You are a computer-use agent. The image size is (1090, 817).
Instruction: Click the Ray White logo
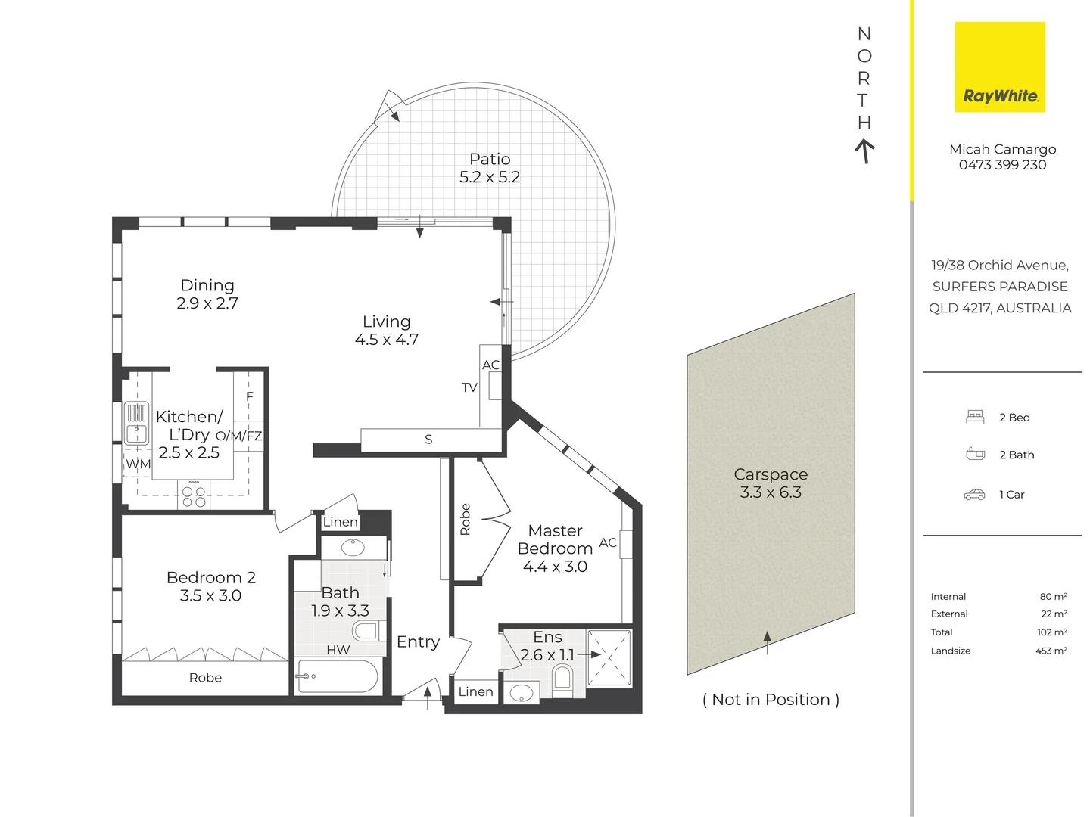[999, 67]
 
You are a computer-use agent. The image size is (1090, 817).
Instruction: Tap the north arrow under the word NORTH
[864, 151]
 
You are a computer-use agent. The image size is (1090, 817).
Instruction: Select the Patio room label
[489, 159]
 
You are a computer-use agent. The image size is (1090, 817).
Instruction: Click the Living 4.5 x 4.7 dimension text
[386, 340]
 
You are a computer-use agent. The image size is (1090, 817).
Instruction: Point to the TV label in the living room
[469, 387]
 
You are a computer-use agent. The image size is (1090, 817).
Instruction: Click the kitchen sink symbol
[136, 423]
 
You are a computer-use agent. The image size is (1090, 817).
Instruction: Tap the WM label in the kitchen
[138, 464]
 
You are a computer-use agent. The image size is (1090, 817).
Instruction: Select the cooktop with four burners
[194, 495]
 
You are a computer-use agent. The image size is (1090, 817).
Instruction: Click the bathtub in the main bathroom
[337, 676]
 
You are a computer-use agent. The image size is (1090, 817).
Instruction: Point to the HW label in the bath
[338, 649]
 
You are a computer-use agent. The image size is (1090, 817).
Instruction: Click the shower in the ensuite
[609, 658]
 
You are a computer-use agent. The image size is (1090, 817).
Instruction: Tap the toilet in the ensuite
[562, 681]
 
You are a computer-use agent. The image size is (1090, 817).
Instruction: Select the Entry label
[418, 642]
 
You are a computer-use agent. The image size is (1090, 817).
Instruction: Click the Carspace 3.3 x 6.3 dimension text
[771, 492]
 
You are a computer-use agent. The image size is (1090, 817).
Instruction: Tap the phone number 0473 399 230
[1002, 165]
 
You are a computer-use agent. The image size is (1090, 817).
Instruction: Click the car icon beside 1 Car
[974, 495]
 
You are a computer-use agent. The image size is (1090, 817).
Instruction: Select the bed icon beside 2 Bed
[975, 417]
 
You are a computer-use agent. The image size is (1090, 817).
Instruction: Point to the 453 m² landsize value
[1051, 651]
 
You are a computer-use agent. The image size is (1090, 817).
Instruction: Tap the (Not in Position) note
[771, 700]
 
